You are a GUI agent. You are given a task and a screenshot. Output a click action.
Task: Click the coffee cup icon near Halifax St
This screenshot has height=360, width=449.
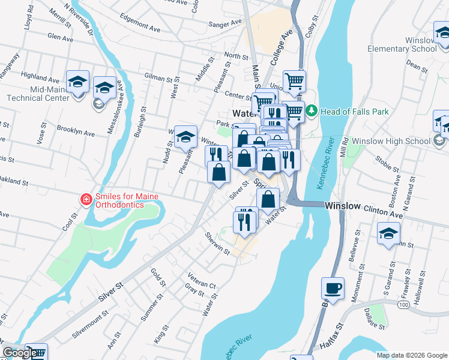[333, 288]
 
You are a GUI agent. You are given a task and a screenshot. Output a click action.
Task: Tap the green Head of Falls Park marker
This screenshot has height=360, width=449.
[311, 111]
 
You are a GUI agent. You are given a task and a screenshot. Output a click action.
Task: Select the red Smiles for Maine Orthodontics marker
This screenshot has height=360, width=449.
[86, 199]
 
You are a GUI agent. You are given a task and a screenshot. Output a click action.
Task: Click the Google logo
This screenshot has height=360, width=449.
[20, 352]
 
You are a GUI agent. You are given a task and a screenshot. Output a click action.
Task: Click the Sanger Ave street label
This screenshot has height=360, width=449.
[224, 24]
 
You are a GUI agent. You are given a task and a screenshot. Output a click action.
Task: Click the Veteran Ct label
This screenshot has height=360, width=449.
[201, 283]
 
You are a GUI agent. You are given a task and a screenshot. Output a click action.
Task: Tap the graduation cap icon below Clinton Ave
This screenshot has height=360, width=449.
[388, 233]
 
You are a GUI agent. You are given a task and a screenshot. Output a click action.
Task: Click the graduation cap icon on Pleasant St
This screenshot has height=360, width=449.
[186, 137]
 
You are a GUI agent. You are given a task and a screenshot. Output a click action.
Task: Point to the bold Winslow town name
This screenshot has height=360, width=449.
[342, 206]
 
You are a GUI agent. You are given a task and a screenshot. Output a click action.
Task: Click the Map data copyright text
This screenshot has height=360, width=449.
[411, 355]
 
